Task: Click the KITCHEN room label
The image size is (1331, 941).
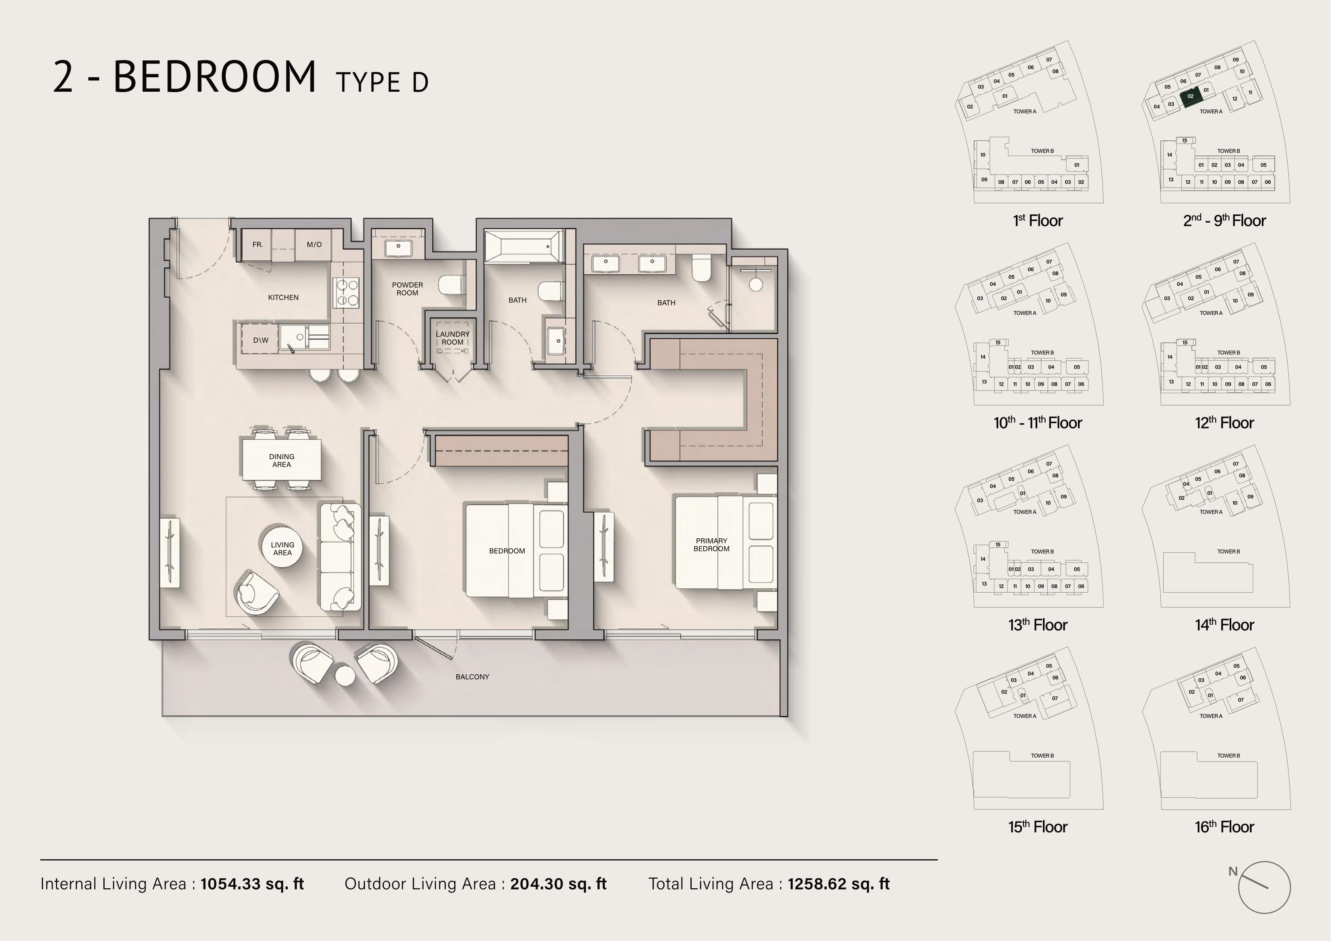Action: point(283,297)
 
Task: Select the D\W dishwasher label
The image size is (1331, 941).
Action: point(261,340)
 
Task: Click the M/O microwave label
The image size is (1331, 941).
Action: point(314,245)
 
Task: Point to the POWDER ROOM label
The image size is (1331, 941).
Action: point(408,289)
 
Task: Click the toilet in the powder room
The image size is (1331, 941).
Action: point(450,285)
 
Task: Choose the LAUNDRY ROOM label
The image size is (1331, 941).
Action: point(453,338)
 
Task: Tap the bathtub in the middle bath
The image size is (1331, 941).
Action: point(524,246)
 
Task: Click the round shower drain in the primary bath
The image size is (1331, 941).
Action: point(755,285)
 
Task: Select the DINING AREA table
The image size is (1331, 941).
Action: point(282,460)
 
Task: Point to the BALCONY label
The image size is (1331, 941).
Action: point(472,677)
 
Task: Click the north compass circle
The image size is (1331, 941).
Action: point(1264,887)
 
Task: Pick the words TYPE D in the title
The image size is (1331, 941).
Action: point(382,83)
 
